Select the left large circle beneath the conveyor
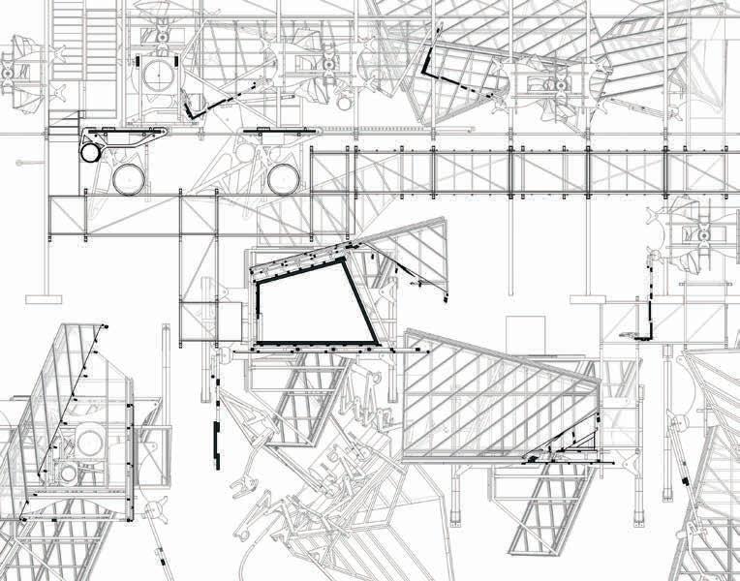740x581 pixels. click(128, 179)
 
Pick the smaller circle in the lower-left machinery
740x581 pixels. click(69, 471)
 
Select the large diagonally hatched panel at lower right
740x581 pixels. click(494, 397)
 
